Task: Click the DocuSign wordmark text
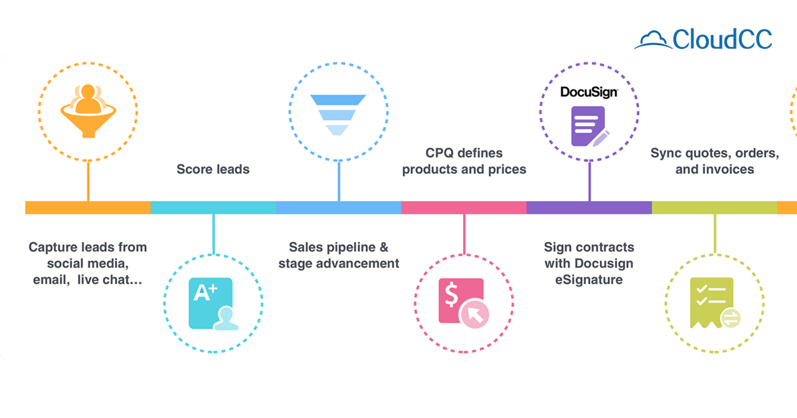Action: (589, 92)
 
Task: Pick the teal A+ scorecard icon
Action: (213, 304)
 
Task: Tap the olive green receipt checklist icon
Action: (715, 304)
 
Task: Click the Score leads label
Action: (213, 169)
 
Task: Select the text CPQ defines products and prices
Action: (464, 161)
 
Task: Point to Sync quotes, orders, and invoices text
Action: (715, 161)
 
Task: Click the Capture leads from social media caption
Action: (88, 263)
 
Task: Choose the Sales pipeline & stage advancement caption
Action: (339, 255)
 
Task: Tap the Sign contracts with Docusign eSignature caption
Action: (589, 263)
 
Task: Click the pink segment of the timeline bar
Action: (464, 208)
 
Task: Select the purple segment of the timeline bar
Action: (589, 208)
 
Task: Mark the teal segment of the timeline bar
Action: (213, 208)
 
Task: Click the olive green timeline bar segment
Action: (715, 208)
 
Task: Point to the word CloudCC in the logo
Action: (723, 39)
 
